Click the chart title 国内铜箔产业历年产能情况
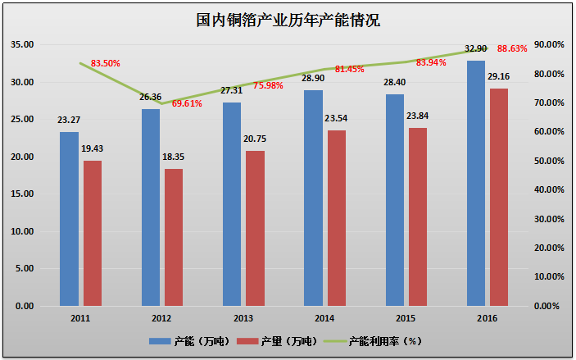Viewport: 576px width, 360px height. coord(288,20)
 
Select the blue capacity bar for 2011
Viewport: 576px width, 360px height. coord(69,219)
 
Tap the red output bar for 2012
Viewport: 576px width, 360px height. coord(173,237)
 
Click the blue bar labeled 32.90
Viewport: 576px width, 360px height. coord(475,183)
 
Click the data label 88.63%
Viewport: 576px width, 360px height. coord(512,49)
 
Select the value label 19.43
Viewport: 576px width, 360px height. coord(92,149)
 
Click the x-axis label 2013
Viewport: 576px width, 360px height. coord(243,317)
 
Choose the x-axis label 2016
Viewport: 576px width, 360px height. coord(487,317)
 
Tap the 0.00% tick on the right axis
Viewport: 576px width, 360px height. coord(547,306)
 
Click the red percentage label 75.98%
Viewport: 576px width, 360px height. coord(269,85)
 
